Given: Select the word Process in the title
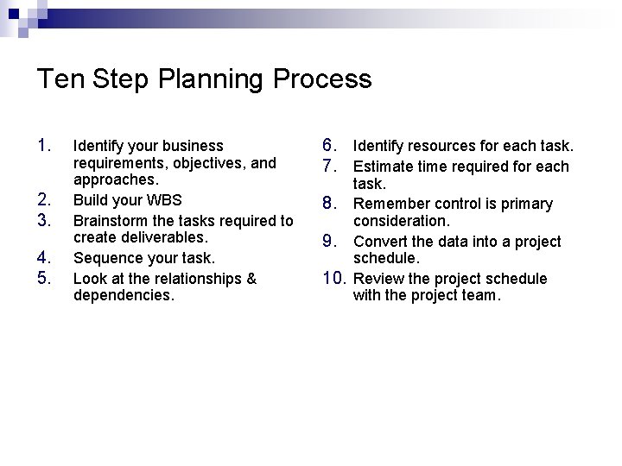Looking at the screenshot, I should click(x=321, y=79).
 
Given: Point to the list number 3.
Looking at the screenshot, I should click(x=46, y=219).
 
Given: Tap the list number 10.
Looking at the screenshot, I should click(x=334, y=278).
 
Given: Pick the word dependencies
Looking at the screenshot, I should click(x=124, y=296).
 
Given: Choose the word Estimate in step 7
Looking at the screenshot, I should click(x=384, y=167).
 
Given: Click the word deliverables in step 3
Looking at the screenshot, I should click(x=164, y=237).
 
